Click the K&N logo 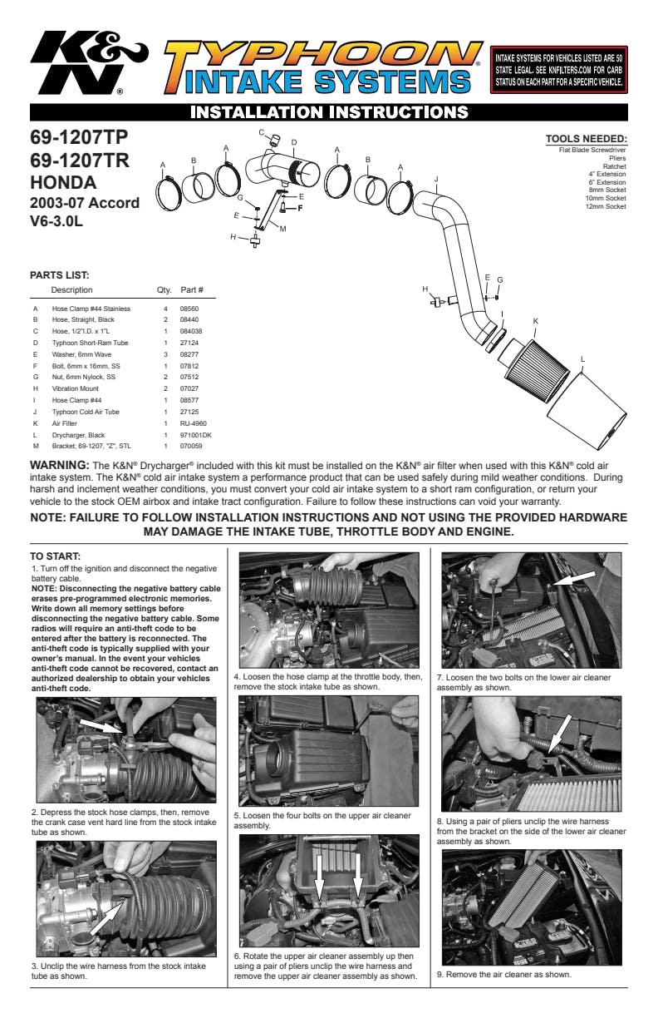89,62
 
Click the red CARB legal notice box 558,70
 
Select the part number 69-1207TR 80,161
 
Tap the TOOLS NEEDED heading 586,139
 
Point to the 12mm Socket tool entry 606,206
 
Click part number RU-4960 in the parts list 193,423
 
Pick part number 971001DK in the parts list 196,435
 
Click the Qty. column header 164,290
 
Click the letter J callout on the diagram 436,179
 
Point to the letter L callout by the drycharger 582,359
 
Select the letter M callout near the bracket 283,229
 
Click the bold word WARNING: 60,465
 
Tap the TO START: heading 55,556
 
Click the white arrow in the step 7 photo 574,578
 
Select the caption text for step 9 504,975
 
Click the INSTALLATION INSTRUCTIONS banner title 329,112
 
